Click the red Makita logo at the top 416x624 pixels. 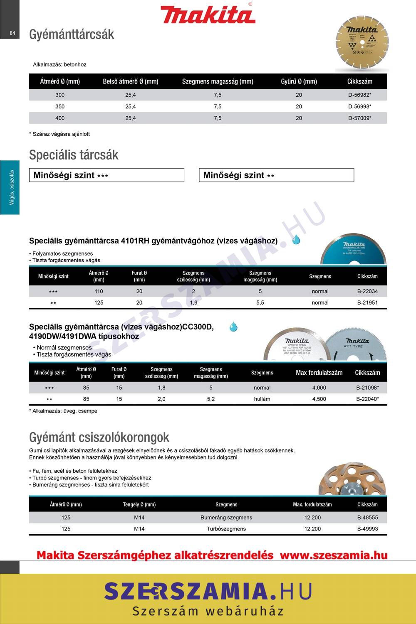208,15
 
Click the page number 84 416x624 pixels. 12,33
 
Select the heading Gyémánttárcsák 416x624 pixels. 72,34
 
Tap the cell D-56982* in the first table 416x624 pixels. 359,95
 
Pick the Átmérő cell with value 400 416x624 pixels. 60,118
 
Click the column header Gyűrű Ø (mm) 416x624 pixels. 299,81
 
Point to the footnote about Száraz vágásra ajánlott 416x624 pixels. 59,134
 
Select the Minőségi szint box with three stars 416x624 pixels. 106,175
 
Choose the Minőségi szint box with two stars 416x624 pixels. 276,175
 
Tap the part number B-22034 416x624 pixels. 367,291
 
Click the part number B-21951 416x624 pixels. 367,302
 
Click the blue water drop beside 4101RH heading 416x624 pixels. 296,240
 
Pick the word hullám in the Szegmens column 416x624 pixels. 262,399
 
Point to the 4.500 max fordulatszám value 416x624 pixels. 319,399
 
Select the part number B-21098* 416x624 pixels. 367,388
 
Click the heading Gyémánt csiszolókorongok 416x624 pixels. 99,437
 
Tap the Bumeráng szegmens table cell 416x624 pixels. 226,518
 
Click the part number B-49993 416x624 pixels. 367,529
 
